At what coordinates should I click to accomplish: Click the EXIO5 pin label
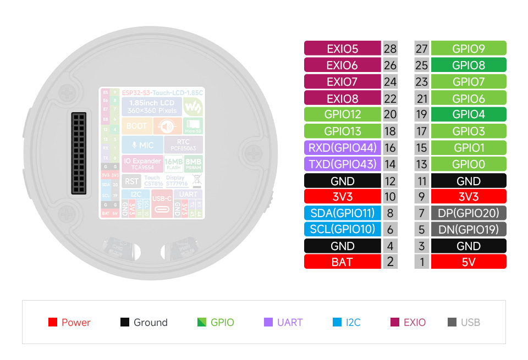[342, 48]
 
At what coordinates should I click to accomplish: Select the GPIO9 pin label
[468, 48]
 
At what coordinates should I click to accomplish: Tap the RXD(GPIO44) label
[342, 147]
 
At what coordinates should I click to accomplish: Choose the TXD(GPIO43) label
[342, 164]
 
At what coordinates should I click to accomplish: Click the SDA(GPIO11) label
[342, 213]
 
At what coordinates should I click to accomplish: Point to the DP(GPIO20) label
[468, 213]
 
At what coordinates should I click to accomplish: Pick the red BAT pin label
[342, 262]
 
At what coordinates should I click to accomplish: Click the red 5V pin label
[468, 262]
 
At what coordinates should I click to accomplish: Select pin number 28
[390, 48]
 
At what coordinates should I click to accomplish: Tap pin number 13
[421, 164]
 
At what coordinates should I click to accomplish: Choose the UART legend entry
[284, 323]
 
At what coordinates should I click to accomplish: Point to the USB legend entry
[464, 323]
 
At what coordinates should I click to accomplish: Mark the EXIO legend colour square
[395, 323]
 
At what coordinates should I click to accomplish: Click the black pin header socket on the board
[79, 153]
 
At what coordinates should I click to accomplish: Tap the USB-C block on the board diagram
[162, 204]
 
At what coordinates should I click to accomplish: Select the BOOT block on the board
[136, 126]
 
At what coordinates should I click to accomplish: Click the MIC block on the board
[142, 146]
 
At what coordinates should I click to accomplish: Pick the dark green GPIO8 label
[468, 65]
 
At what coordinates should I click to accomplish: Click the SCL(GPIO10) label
[342, 229]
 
